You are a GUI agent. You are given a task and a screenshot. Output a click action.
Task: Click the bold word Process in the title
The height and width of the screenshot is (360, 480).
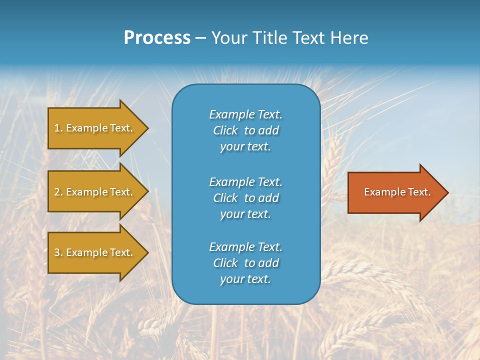point(157,38)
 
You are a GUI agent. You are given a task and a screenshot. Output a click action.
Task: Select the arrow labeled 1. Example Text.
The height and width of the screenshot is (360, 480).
point(95,128)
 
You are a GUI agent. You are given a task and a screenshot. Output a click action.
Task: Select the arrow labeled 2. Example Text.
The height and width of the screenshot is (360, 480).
point(95,192)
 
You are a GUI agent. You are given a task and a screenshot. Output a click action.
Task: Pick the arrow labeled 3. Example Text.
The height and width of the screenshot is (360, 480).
point(95,252)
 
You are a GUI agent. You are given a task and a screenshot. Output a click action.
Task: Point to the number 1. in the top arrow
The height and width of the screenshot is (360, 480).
point(58,128)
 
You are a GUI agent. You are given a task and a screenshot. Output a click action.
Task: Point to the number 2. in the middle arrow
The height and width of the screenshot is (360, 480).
point(58,192)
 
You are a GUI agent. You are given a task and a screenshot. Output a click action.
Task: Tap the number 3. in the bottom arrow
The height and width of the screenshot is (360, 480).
point(58,252)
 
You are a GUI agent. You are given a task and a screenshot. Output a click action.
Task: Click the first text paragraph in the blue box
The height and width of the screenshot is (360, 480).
point(245,130)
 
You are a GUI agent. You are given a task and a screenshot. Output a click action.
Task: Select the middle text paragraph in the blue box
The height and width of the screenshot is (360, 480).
point(245,197)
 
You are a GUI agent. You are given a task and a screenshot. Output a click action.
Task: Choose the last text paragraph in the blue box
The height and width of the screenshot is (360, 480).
point(245,263)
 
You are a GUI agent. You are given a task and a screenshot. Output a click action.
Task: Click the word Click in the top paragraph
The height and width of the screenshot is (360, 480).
point(225,130)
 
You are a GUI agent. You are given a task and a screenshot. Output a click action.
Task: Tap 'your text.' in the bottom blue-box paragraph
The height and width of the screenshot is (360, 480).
point(245,279)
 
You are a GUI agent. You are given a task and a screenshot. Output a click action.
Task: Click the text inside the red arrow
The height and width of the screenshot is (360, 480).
point(397,192)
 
